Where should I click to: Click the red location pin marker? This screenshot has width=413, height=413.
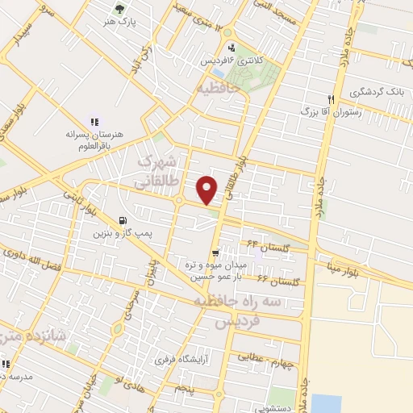(x=208, y=189)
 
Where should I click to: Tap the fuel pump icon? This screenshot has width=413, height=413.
(x=122, y=220)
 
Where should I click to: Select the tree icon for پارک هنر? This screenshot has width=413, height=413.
(x=120, y=10)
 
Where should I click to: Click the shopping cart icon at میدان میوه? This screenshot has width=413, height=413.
(x=214, y=255)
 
